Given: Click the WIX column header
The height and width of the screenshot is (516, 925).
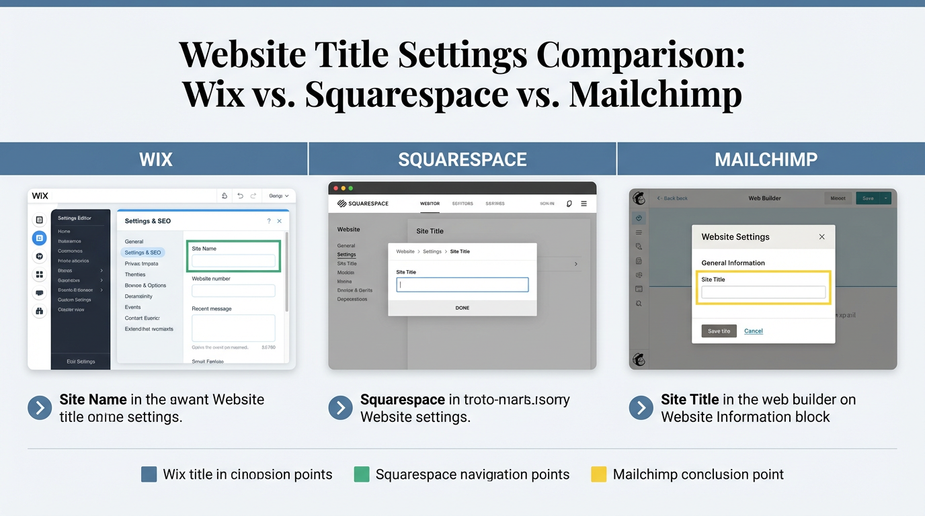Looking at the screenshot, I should click(155, 159).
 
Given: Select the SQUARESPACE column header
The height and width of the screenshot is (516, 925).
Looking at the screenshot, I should click(462, 159).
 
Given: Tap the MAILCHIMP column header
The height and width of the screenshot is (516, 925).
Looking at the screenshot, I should click(766, 159).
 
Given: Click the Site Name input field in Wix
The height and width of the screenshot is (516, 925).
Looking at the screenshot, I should click(233, 261).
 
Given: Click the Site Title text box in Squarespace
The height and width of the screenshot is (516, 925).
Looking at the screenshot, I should click(462, 285).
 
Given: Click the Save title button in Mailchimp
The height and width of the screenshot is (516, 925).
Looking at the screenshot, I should click(719, 331).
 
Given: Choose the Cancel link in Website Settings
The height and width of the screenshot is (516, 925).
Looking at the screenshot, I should click(753, 331).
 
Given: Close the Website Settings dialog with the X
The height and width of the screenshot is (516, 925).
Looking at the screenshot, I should click(821, 237).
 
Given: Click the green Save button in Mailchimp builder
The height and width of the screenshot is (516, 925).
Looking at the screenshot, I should click(868, 198).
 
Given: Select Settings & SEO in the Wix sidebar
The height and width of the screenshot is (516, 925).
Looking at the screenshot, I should click(143, 253).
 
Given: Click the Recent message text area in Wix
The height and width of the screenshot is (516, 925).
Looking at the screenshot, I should click(233, 328).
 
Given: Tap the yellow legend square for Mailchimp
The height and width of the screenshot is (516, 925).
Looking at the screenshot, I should click(598, 474).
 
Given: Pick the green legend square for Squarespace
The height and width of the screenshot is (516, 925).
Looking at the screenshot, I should click(362, 474).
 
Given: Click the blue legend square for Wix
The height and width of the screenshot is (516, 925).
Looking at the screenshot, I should click(149, 474).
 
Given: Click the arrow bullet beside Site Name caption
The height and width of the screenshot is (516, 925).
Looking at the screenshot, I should click(40, 408).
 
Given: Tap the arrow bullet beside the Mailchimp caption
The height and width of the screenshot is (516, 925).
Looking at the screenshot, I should click(641, 408).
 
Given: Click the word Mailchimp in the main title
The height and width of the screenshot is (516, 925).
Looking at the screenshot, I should click(655, 94).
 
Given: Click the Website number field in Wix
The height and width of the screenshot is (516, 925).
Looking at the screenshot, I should click(233, 291).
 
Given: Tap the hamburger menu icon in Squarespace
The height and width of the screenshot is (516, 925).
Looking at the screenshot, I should click(584, 204).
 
